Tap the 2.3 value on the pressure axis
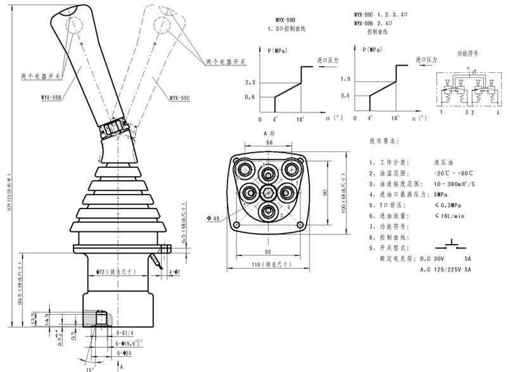(250, 83)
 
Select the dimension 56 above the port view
(269, 144)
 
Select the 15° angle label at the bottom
(90, 367)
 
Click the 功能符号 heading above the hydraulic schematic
(468, 54)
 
